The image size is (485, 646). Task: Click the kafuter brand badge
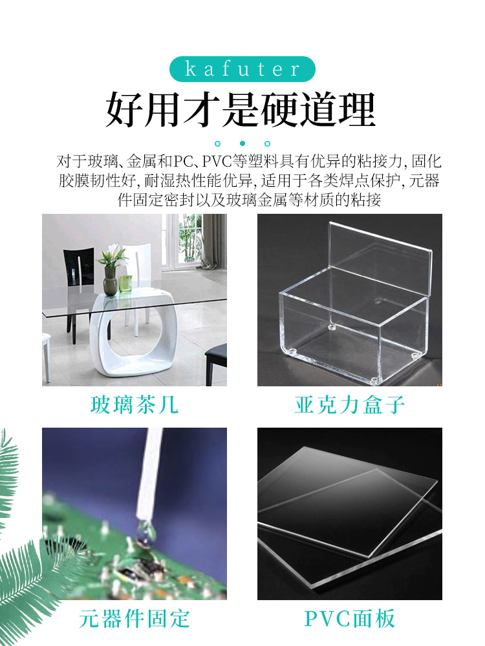242,69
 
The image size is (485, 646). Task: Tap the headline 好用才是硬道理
241,110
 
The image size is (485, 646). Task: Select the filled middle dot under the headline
242,143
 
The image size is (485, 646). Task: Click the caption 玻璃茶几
135,404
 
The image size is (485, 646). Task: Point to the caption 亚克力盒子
350,404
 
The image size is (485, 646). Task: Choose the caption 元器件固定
135,619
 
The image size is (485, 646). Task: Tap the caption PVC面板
350,619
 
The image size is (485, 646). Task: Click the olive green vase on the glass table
110,282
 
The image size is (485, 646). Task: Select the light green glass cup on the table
125,284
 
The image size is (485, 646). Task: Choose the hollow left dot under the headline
218,143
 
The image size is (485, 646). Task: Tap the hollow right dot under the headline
267,143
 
